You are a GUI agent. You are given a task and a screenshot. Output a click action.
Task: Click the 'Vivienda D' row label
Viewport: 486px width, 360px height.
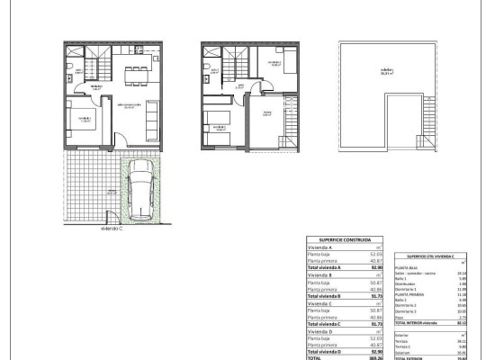321,333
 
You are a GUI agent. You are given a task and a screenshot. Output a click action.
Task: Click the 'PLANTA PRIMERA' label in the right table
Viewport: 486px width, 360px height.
420,293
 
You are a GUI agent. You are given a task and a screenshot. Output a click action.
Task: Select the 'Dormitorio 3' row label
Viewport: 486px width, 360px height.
418,310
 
